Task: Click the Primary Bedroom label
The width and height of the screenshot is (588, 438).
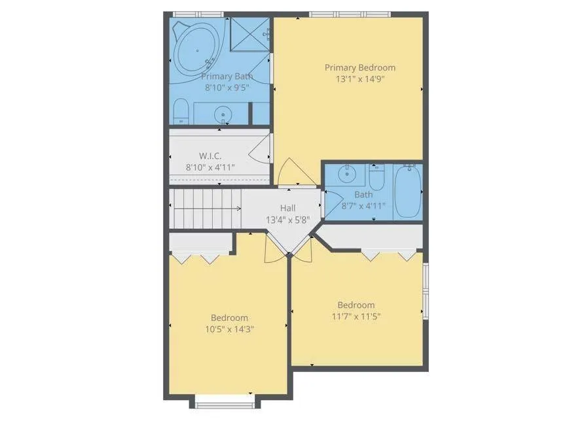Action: (x=360, y=68)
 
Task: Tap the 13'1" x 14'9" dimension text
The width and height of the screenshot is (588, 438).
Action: (x=360, y=79)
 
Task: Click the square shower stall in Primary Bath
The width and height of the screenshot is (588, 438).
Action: (x=249, y=34)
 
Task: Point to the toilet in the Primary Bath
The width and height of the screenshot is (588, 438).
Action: (x=181, y=112)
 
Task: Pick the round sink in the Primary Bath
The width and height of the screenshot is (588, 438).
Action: (x=223, y=114)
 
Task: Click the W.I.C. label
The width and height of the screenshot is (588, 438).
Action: (x=210, y=156)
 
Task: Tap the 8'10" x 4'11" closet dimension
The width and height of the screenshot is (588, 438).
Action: (x=210, y=167)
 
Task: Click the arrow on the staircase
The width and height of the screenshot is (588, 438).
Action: (x=208, y=209)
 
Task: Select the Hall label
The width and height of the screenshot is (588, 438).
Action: (x=287, y=208)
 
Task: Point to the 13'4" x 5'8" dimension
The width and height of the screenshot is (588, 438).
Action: (x=287, y=220)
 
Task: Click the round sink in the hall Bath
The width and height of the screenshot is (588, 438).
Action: (x=347, y=174)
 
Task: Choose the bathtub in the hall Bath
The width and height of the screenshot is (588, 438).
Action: (x=408, y=192)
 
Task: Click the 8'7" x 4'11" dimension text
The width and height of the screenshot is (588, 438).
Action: (x=363, y=206)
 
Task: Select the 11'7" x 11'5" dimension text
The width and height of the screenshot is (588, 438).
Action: (x=356, y=316)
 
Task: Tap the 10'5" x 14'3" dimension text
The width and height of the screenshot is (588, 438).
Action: (x=229, y=329)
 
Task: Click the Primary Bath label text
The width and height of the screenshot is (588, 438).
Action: (x=227, y=76)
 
